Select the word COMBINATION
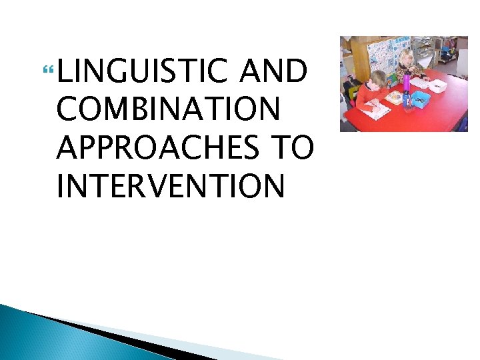pyautogui.click(x=168, y=109)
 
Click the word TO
pyautogui.click(x=293, y=147)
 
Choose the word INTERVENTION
pyautogui.click(x=171, y=185)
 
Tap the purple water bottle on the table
pyautogui.click(x=407, y=81)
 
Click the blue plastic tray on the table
pyautogui.click(x=421, y=99)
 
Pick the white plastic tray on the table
pyautogui.click(x=437, y=86)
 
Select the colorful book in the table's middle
pyautogui.click(x=395, y=97)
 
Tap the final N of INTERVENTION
pyautogui.click(x=275, y=185)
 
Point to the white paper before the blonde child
pyautogui.click(x=419, y=83)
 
